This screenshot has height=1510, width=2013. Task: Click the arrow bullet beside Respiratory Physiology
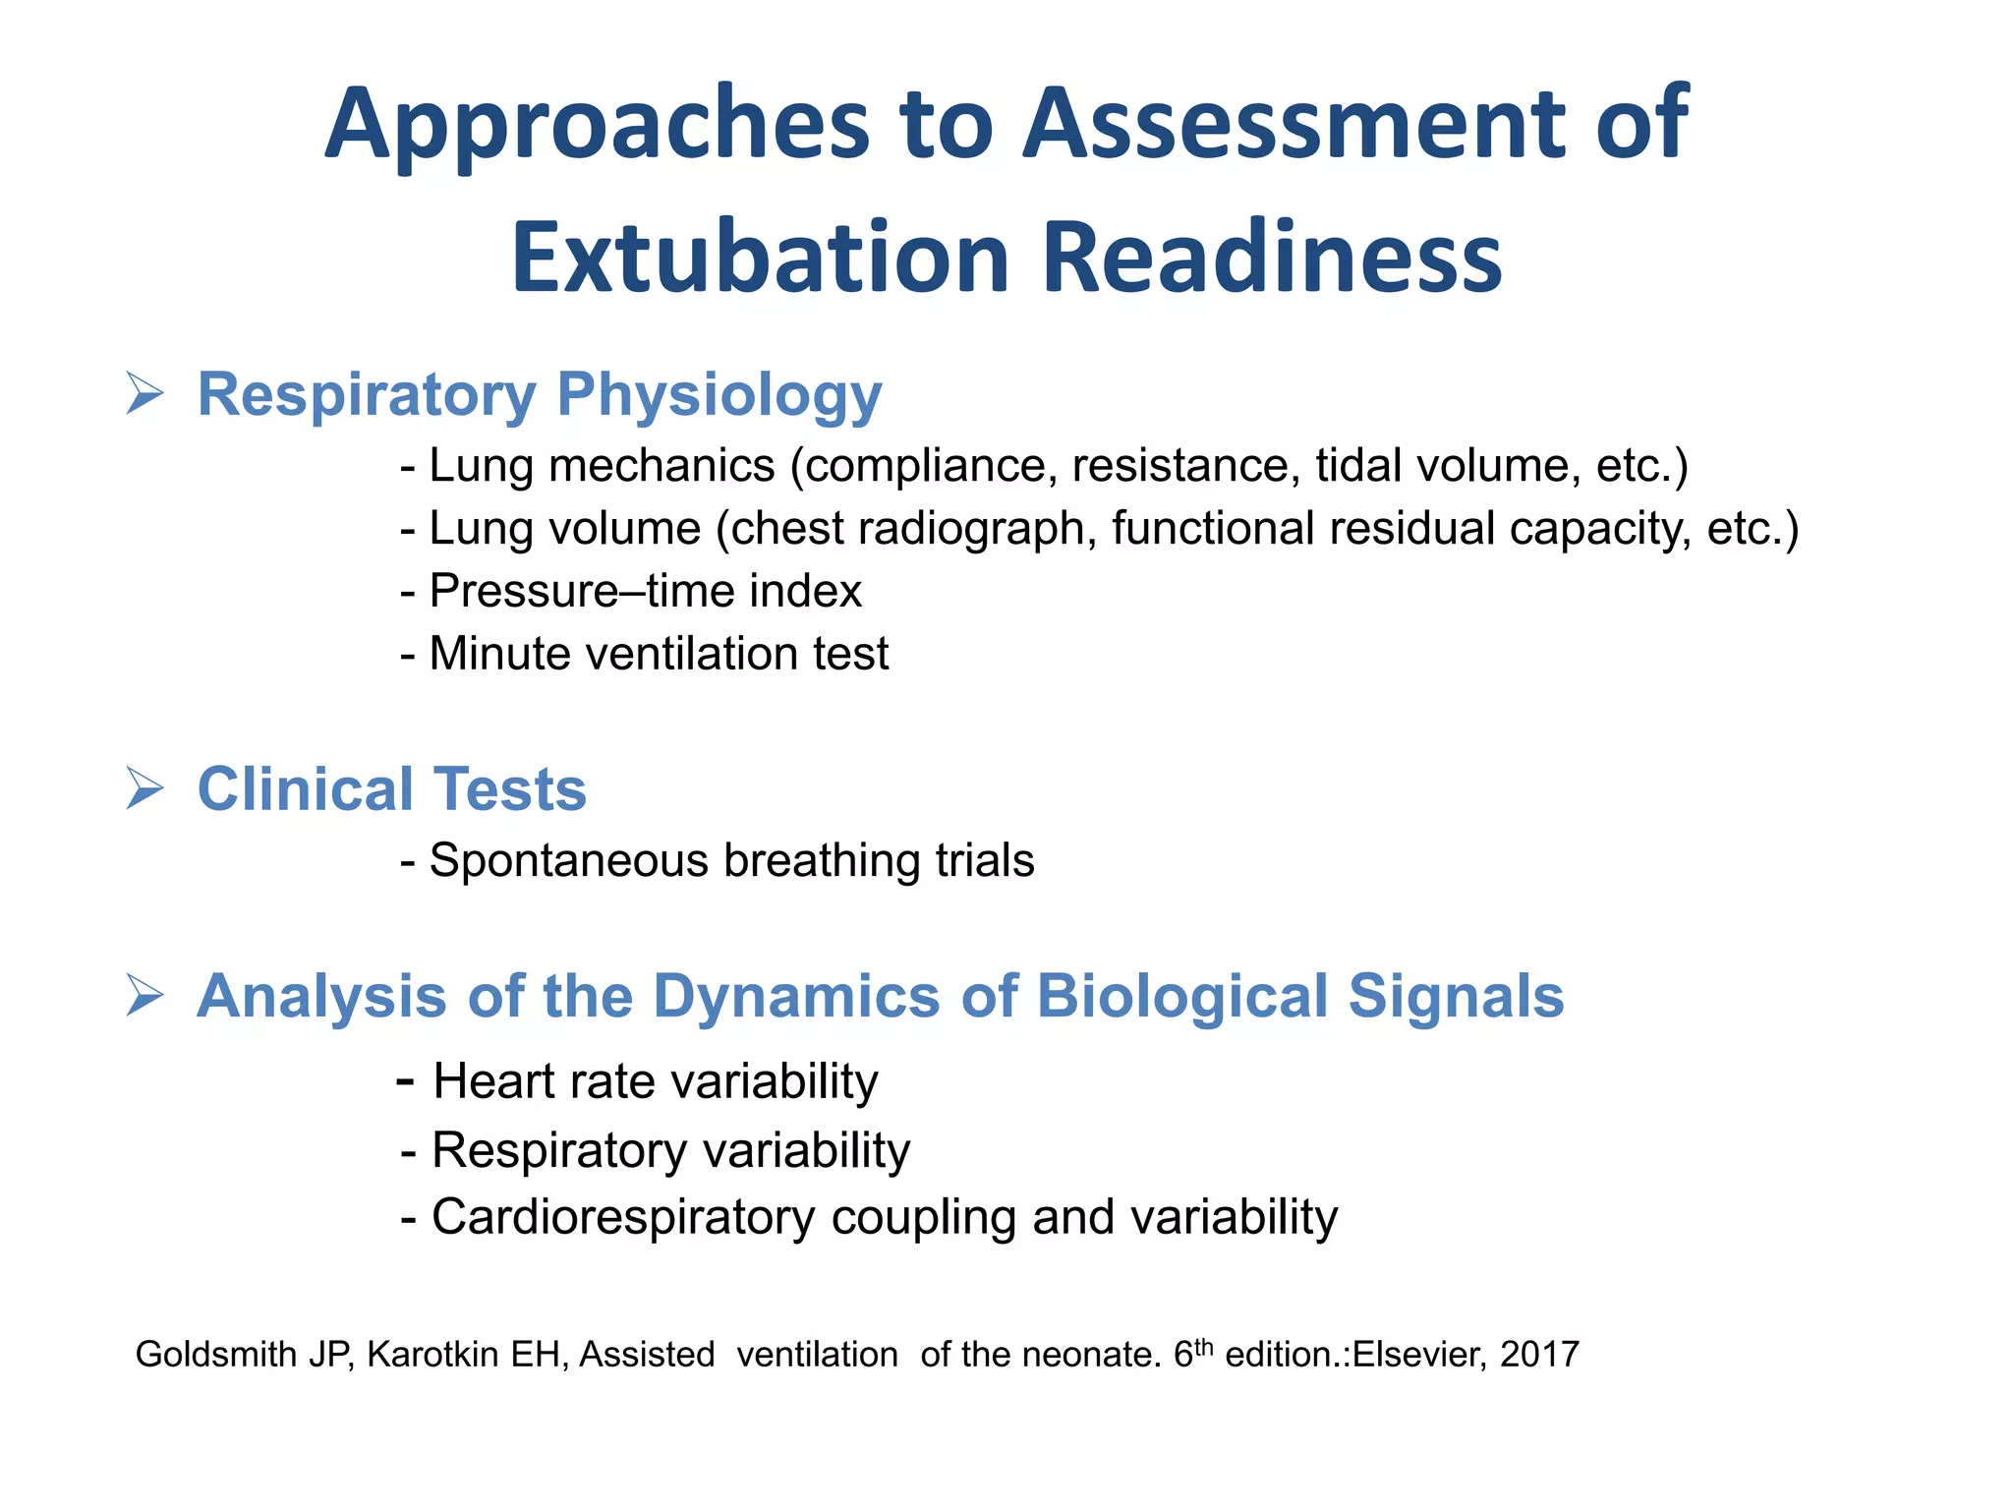144,394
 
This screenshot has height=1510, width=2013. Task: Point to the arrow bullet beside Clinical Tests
144,789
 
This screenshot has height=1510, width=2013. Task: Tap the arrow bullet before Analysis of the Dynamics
144,996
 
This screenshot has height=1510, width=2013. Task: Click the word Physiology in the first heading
719,396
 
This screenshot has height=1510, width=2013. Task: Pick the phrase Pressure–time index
645,592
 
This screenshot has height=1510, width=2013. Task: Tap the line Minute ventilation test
659,654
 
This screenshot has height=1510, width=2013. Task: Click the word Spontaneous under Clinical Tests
569,861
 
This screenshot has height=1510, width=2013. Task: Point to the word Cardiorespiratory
623,1217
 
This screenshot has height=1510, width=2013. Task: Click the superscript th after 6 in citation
1204,1346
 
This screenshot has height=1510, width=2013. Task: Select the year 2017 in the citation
1539,1355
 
